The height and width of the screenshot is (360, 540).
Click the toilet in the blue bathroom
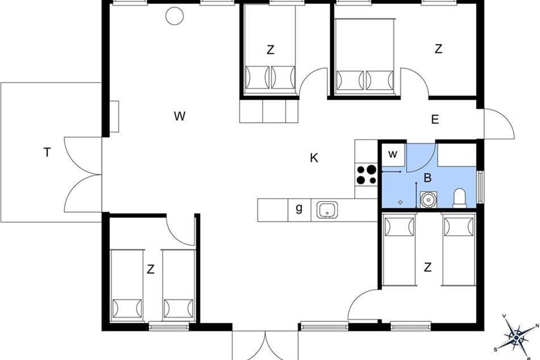tap(460, 198)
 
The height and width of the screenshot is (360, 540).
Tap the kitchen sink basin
tap(327, 210)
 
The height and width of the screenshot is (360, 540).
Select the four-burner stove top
tap(366, 175)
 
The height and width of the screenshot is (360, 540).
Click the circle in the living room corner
tap(175, 16)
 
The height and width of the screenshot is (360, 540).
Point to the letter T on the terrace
tap(47, 153)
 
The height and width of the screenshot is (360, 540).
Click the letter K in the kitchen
tap(314, 158)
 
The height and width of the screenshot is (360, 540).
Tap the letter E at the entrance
tap(435, 119)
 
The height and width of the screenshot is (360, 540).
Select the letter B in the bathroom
tap(427, 178)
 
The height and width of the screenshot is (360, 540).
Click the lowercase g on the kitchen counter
tap(299, 208)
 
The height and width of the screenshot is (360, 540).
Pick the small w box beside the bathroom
tap(393, 154)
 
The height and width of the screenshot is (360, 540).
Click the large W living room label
tap(180, 116)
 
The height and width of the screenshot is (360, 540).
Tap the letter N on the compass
tap(537, 326)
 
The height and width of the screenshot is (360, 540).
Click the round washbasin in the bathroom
tap(428, 200)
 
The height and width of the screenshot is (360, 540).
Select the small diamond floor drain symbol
tap(400, 202)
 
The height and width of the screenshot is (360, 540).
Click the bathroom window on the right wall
tap(480, 187)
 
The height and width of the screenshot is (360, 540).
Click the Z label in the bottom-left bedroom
tap(151, 270)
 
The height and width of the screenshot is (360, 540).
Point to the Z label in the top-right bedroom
tap(438, 49)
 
